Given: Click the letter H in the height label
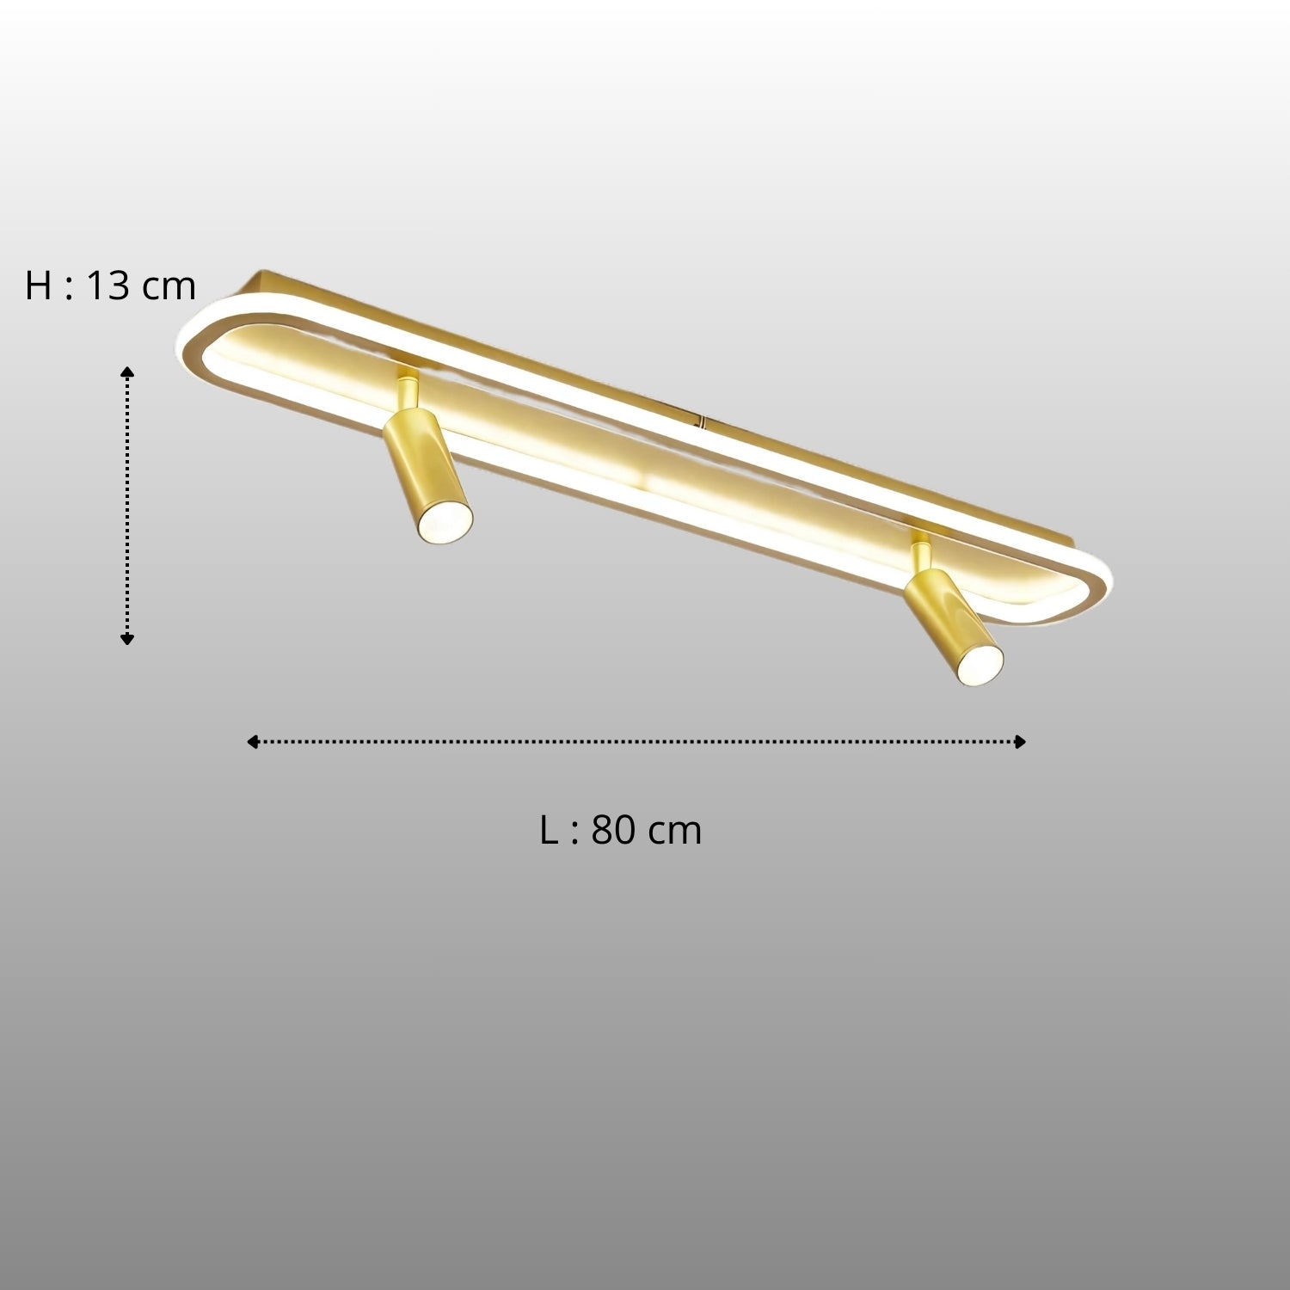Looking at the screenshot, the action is point(39,286).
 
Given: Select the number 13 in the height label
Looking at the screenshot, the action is point(107,286).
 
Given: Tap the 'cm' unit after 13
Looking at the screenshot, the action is point(169,289).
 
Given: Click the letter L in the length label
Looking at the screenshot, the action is point(550,831).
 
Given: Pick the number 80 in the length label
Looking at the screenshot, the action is point(613,831).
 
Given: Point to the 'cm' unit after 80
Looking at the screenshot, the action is point(675,834).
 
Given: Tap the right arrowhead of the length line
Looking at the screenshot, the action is point(1020,741).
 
